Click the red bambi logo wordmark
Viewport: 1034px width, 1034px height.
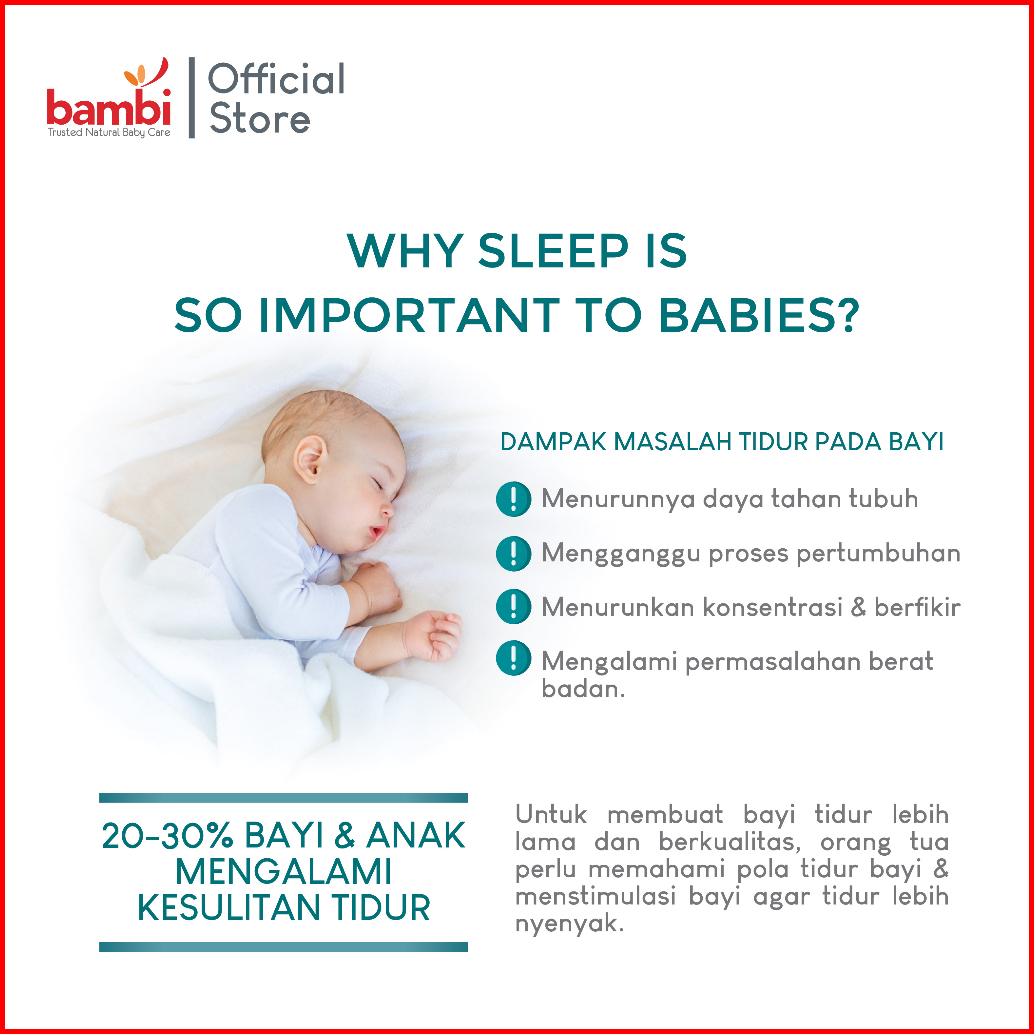(x=109, y=109)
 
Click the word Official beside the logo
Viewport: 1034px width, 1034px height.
(x=276, y=79)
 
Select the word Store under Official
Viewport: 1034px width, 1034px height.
(x=259, y=119)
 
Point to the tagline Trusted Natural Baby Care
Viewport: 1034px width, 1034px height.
(x=109, y=133)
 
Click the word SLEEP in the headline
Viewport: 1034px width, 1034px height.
(x=553, y=251)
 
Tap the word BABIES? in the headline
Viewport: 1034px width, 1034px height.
(x=759, y=315)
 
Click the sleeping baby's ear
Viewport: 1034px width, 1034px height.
(x=309, y=459)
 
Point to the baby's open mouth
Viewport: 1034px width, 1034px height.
(x=377, y=533)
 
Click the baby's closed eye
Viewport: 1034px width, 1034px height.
(x=377, y=485)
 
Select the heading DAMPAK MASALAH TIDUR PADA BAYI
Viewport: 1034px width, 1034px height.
(x=722, y=442)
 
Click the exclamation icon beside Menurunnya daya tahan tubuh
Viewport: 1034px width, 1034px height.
(x=513, y=499)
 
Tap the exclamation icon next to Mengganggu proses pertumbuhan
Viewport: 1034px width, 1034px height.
(x=513, y=553)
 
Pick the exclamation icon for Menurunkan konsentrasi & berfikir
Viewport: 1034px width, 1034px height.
(x=513, y=607)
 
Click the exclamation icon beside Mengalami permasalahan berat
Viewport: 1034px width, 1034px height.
(x=513, y=658)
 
